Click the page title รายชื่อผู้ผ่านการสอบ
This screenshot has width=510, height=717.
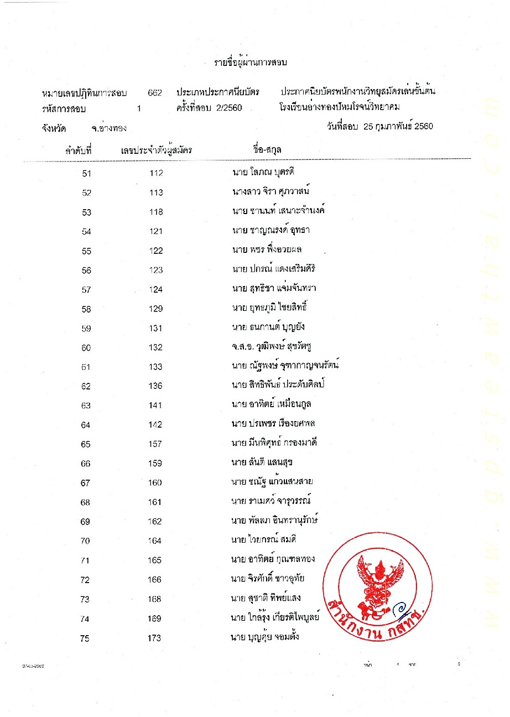click(x=251, y=62)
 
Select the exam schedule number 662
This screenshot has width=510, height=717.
click(x=155, y=92)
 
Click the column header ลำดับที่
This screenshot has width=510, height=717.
click(x=77, y=149)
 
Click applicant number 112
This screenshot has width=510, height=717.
click(x=156, y=174)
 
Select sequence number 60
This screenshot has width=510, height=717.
click(x=86, y=348)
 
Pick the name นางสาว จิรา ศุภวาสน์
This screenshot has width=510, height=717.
click(x=270, y=191)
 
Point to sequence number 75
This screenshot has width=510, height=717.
click(x=85, y=638)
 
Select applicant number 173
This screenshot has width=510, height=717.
click(x=155, y=638)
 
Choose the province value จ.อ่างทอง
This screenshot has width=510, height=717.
click(x=109, y=129)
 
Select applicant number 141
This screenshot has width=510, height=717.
click(x=155, y=406)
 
